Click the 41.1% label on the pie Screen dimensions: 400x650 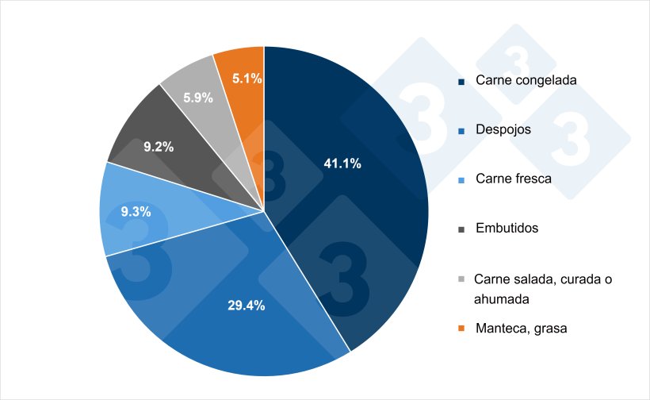tap(342, 163)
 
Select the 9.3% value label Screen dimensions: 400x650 tap(136, 213)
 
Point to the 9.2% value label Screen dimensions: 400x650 tap(159, 147)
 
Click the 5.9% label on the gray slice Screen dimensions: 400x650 tap(198, 98)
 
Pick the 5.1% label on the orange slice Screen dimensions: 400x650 tap(247, 78)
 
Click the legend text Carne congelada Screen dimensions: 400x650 tap(526, 80)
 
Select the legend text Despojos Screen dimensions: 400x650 tap(503, 129)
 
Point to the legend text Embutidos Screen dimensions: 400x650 tap(507, 228)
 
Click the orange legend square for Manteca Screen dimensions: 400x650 tap(461, 328)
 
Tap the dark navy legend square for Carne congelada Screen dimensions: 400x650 tap(461, 81)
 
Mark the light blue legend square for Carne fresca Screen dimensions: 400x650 tap(461, 179)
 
